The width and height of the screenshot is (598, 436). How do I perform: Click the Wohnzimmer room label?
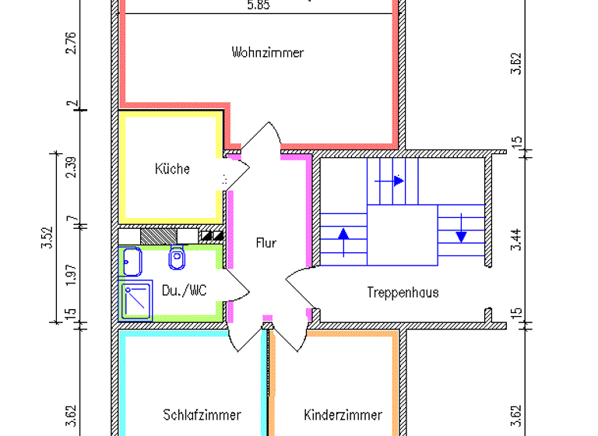[x=267, y=53]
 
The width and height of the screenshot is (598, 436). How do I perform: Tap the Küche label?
[x=172, y=169]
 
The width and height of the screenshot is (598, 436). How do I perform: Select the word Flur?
[x=266, y=243]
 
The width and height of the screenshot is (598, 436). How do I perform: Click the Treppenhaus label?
[x=403, y=293]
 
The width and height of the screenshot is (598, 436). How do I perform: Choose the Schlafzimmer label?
[x=202, y=415]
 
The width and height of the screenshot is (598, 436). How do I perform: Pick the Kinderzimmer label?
[x=343, y=415]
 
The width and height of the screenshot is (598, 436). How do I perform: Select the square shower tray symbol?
[x=137, y=301]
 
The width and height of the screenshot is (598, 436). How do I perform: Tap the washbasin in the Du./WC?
[x=130, y=262]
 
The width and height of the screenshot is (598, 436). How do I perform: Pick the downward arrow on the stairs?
[x=461, y=232]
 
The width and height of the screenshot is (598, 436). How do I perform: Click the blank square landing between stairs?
[x=400, y=235]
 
